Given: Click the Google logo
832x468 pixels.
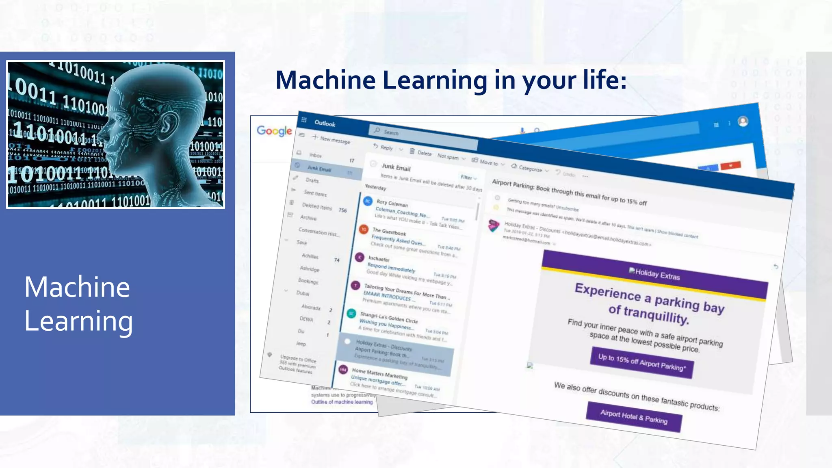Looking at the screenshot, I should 274,131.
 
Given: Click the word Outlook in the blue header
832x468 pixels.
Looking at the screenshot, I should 325,123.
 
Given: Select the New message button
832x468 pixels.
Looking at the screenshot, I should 331,139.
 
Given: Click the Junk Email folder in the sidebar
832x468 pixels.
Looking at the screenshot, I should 319,169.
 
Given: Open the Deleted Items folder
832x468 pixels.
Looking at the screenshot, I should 317,206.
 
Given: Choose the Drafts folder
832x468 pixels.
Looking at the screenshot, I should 312,180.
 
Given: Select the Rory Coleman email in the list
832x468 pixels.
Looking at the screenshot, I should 414,213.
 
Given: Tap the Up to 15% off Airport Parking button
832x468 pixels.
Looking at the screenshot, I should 641,363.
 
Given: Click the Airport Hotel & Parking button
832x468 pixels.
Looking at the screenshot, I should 634,417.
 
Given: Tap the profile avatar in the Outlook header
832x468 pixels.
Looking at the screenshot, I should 743,121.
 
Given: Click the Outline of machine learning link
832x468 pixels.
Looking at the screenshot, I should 342,402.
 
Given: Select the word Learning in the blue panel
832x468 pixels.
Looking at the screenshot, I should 78,321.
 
